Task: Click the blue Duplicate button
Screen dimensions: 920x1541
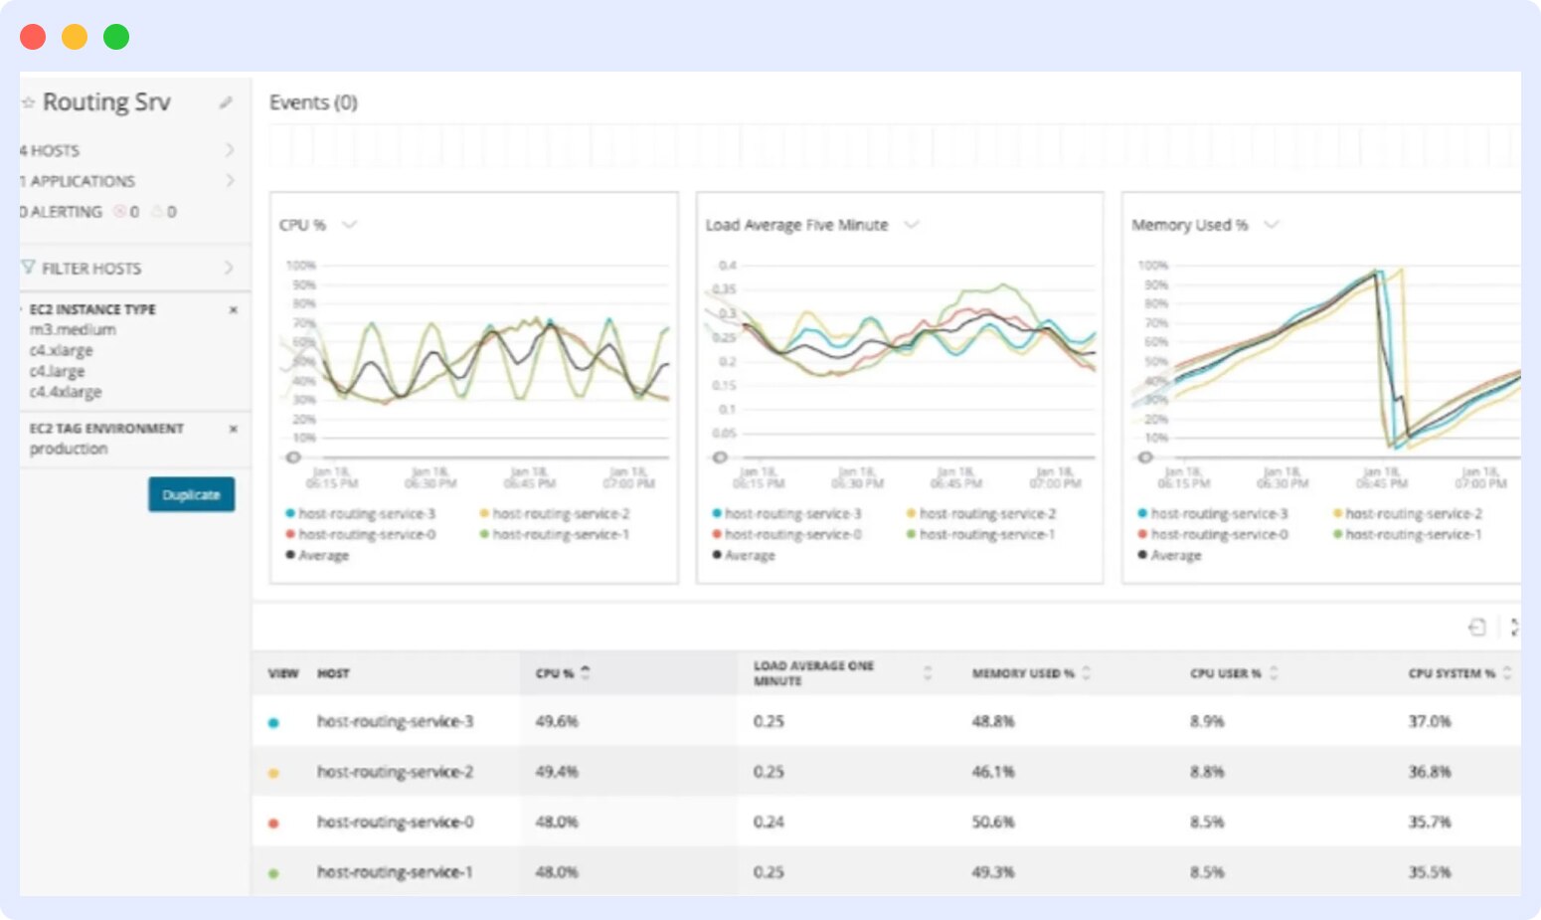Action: click(x=191, y=494)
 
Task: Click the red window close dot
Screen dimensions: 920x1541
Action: click(x=33, y=37)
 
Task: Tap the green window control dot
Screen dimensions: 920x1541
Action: click(x=116, y=37)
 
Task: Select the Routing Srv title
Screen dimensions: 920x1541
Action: click(x=105, y=102)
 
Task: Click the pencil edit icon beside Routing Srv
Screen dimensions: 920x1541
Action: click(x=226, y=102)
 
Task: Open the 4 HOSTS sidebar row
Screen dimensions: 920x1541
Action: click(x=127, y=150)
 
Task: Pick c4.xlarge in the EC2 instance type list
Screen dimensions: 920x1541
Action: click(x=61, y=350)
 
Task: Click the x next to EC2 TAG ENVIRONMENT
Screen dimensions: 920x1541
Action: click(x=234, y=429)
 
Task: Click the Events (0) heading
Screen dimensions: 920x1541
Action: click(x=313, y=102)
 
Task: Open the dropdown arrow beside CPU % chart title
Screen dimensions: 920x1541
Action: click(x=349, y=225)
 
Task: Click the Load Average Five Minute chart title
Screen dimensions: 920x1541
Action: click(x=796, y=225)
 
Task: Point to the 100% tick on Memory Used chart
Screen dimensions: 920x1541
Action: click(x=1153, y=266)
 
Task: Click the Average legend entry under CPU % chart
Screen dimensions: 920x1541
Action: click(x=323, y=555)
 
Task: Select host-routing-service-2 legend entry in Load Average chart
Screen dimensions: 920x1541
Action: click(x=986, y=513)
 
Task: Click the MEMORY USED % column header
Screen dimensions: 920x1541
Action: click(x=1023, y=673)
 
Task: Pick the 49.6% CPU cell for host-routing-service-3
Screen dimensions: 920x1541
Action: click(x=557, y=721)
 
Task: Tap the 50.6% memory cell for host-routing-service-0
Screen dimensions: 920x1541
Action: click(x=993, y=822)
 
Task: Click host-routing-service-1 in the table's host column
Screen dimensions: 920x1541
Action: click(x=395, y=872)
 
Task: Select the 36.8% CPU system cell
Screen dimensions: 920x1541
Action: click(x=1429, y=771)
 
